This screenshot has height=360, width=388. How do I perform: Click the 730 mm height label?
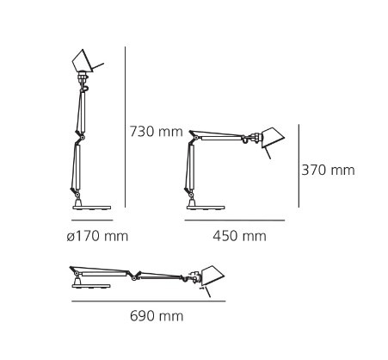tap(157, 132)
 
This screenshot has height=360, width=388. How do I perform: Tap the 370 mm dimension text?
tap(328, 170)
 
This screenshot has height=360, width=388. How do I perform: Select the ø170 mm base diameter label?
tap(97, 236)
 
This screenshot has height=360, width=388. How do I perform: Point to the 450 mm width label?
tap(239, 236)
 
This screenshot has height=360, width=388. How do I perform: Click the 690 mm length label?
tap(157, 316)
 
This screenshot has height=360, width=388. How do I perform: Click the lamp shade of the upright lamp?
tap(83, 61)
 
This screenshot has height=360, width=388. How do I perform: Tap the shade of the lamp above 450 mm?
tap(272, 137)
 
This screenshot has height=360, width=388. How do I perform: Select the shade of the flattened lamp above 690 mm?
tap(212, 276)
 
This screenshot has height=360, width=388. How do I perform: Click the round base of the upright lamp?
tap(92, 208)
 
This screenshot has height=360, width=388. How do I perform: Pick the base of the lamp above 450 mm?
tap(206, 208)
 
